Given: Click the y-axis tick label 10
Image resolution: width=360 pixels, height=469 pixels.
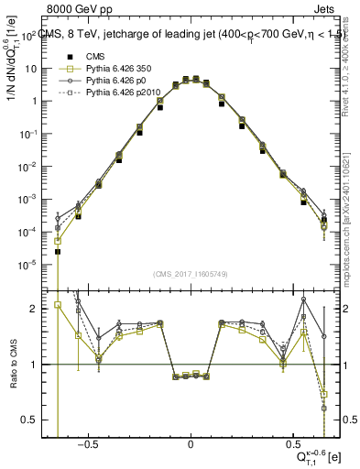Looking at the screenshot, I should click(x=31, y=69).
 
